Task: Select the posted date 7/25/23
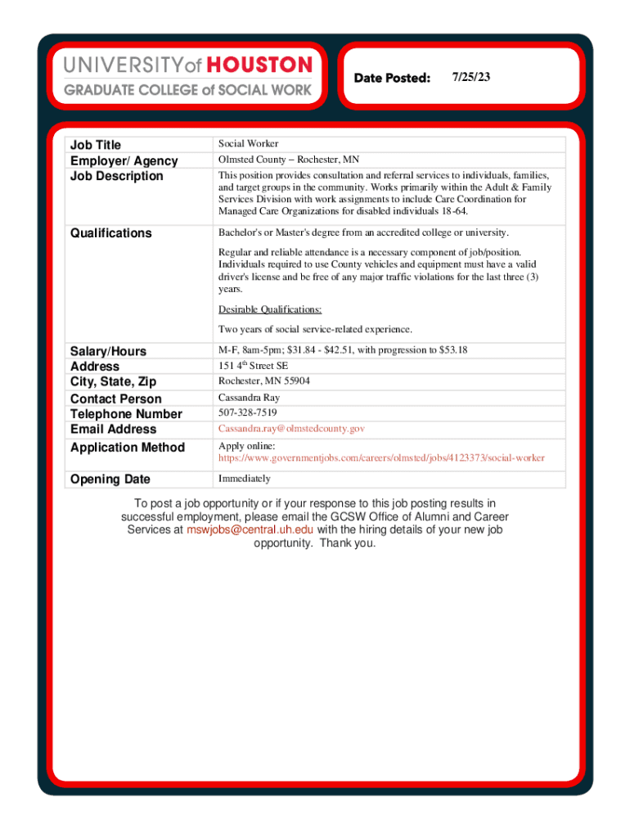click(x=470, y=77)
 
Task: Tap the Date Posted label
click(x=392, y=78)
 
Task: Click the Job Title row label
click(x=96, y=145)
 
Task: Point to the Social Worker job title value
click(x=248, y=144)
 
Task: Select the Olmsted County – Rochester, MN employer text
click(x=288, y=160)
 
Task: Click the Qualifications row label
click(x=110, y=233)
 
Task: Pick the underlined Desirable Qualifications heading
click(x=270, y=309)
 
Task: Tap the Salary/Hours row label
click(x=108, y=351)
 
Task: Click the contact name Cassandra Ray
click(x=249, y=398)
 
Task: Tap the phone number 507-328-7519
click(x=247, y=413)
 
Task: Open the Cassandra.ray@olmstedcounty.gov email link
click(x=291, y=429)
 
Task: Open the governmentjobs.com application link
click(x=381, y=457)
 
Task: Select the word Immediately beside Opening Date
click(x=244, y=479)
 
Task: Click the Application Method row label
click(x=128, y=448)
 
